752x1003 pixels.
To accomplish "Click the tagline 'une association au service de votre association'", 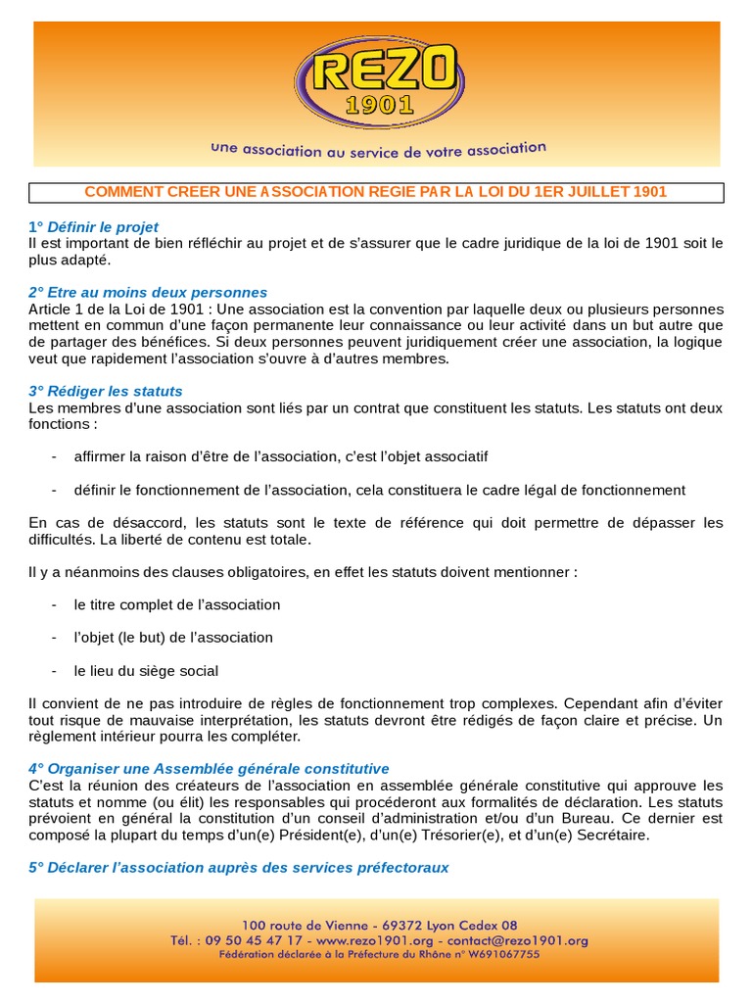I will tap(378, 150).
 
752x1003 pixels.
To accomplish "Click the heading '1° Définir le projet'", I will tap(93, 227).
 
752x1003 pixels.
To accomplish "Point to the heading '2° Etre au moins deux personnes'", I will tap(148, 293).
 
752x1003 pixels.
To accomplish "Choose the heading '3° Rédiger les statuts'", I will tap(106, 391).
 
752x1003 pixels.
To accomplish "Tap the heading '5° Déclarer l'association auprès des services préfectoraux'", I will tap(239, 868).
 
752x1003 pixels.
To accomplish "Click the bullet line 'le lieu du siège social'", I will tap(146, 671).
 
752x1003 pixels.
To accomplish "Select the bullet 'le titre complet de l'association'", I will tap(177, 604).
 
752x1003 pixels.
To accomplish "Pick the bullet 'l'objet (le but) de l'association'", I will tap(173, 638).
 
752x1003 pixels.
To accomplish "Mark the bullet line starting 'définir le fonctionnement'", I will tap(380, 490).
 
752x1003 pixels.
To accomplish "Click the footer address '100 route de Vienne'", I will tap(301, 925).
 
